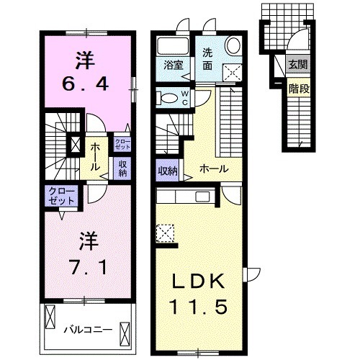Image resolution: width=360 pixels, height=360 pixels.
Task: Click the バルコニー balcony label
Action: pyautogui.click(x=89, y=330)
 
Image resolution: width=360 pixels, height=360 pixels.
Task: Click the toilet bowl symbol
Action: pyautogui.click(x=166, y=98)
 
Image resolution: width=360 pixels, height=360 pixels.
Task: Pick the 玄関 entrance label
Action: pyautogui.click(x=298, y=63)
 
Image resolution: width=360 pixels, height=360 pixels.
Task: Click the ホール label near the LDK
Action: pyautogui.click(x=214, y=169)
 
